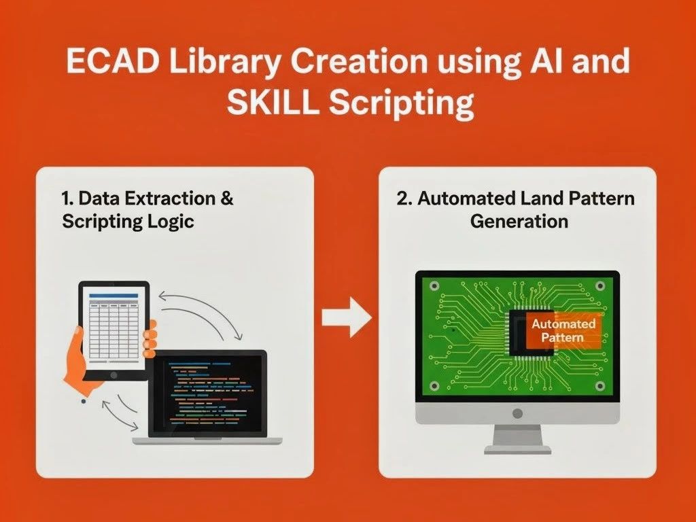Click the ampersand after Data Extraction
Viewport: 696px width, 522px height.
227,199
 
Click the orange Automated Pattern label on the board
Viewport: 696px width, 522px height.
563,330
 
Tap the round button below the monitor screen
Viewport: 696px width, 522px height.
517,413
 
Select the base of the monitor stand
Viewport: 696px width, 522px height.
517,449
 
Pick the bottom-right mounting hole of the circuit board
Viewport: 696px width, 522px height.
600,386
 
